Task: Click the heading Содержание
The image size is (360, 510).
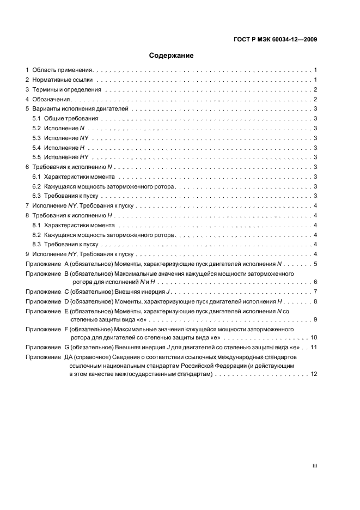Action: (x=172, y=56)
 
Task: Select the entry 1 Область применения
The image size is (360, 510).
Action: (x=60, y=70)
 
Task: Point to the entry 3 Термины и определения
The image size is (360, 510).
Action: (x=63, y=89)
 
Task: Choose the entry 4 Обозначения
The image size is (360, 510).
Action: (x=49, y=99)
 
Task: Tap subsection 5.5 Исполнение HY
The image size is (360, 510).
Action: (x=60, y=157)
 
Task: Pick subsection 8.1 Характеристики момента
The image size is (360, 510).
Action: (x=73, y=225)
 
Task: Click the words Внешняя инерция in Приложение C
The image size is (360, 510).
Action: (x=133, y=293)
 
